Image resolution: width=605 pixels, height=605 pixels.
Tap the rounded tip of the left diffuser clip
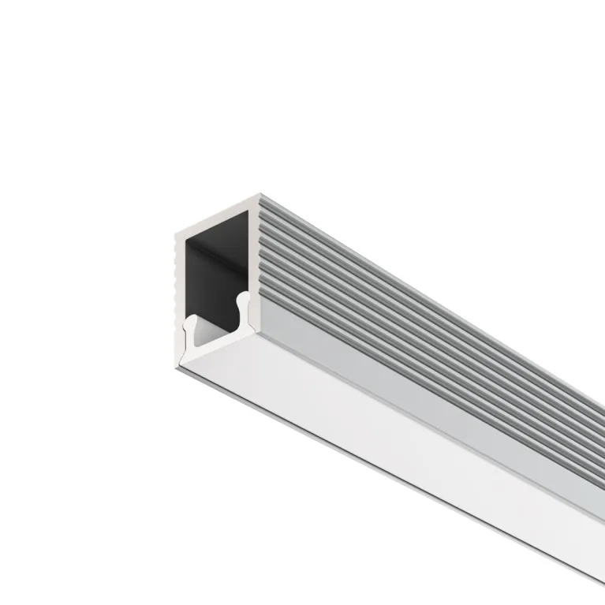tap(189, 321)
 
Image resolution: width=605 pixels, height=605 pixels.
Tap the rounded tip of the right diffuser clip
tap(245, 297)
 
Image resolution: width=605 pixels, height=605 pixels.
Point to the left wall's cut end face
tap(179, 284)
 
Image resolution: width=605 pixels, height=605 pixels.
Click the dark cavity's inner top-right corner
tap(248, 211)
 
